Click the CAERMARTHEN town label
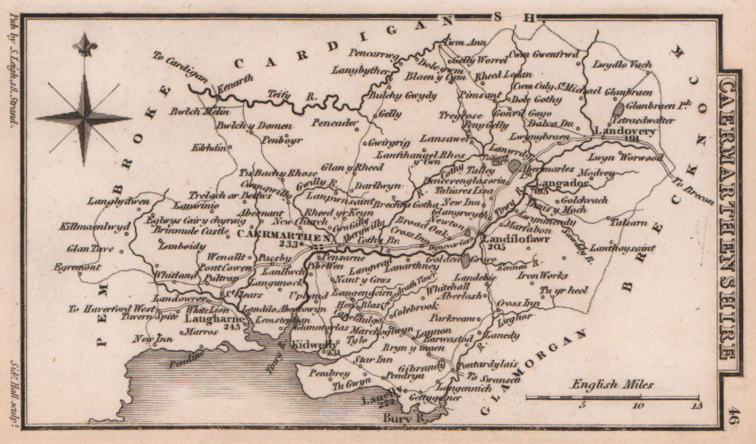pyautogui.click(x=283, y=235)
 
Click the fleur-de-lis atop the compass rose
pyautogui.click(x=85, y=45)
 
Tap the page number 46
pyautogui.click(x=735, y=417)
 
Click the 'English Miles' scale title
pyautogui.click(x=612, y=384)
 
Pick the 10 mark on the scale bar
pyautogui.click(x=638, y=405)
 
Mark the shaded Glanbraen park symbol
pyautogui.click(x=619, y=110)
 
